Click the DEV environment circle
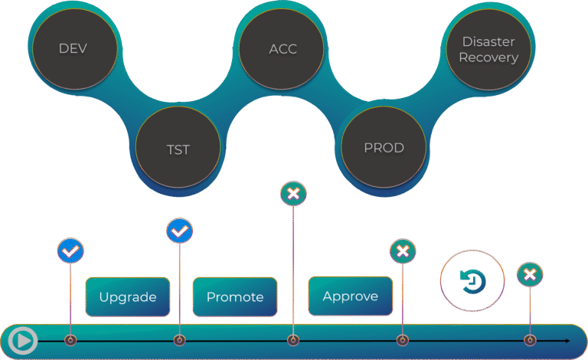pyautogui.click(x=73, y=49)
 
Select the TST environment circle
pyautogui.click(x=178, y=149)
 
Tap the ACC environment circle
pyautogui.click(x=283, y=49)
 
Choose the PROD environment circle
pyautogui.click(x=384, y=148)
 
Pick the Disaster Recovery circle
pyautogui.click(x=488, y=49)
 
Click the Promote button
pyautogui.click(x=235, y=297)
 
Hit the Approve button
pyautogui.click(x=350, y=296)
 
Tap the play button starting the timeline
pyautogui.click(x=23, y=340)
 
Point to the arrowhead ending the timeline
pyautogui.click(x=567, y=340)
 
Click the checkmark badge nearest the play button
pyautogui.click(x=70, y=250)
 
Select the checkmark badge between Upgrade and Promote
pyautogui.click(x=179, y=231)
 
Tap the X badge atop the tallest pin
pyautogui.click(x=292, y=194)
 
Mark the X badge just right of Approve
pyautogui.click(x=403, y=251)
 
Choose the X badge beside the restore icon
pyautogui.click(x=530, y=274)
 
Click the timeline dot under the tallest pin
pyautogui.click(x=292, y=340)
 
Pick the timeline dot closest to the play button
pyautogui.click(x=70, y=340)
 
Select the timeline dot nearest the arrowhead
pyautogui.click(x=529, y=340)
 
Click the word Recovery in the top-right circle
pyautogui.click(x=488, y=57)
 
